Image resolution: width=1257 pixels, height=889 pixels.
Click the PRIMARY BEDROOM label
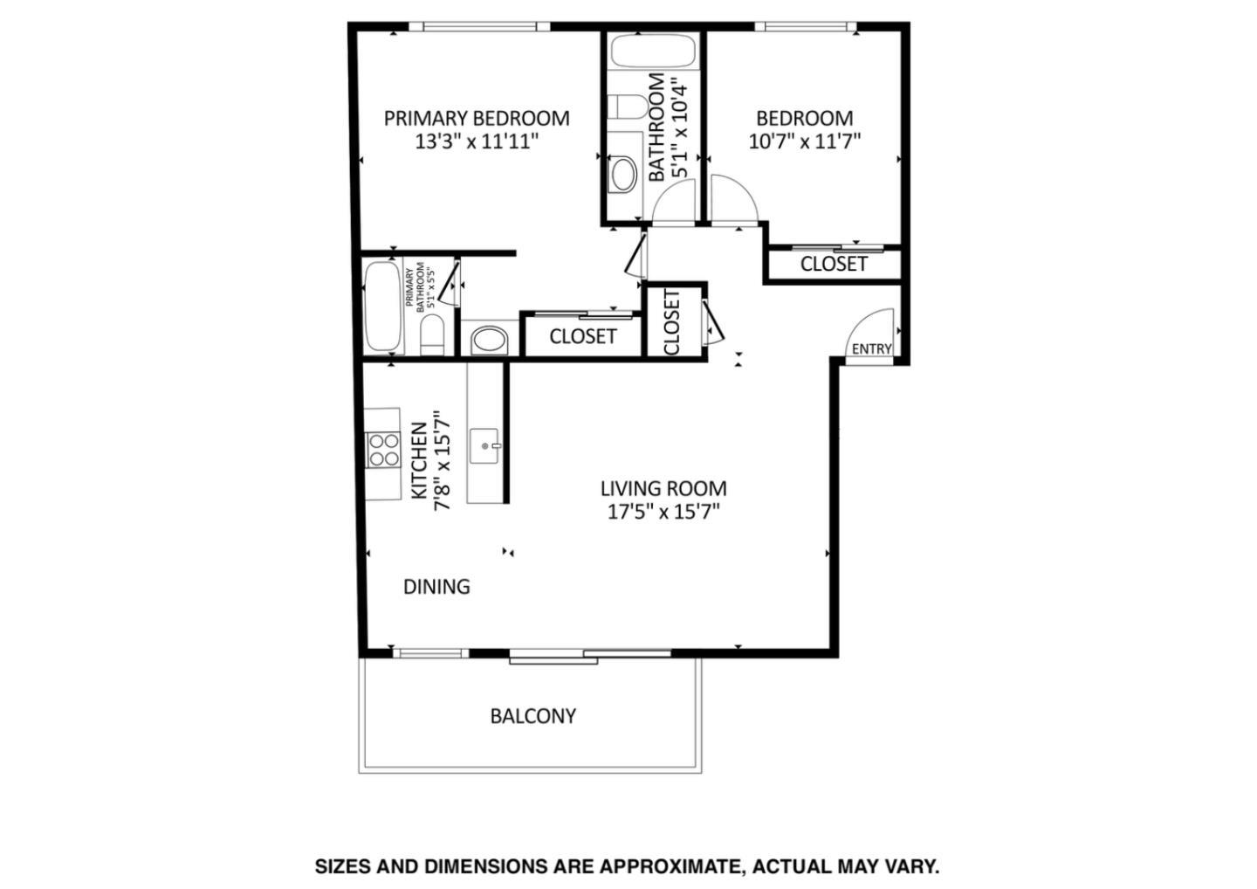pyautogui.click(x=477, y=118)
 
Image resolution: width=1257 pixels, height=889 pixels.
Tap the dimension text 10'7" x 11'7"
pyautogui.click(x=804, y=141)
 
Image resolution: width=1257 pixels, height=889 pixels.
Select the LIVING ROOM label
pyautogui.click(x=663, y=489)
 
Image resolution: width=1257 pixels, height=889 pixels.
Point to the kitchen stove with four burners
pyautogui.click(x=382, y=450)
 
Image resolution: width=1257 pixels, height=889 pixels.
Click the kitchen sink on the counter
pyautogui.click(x=485, y=446)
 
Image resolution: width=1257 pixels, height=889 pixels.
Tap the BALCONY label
pyautogui.click(x=532, y=716)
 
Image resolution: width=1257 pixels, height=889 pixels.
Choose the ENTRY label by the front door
pyautogui.click(x=871, y=349)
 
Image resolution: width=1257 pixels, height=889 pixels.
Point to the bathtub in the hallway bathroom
pyautogui.click(x=653, y=51)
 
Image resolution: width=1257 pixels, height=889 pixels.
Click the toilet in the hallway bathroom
pyautogui.click(x=627, y=107)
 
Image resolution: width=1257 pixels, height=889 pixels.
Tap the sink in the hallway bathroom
pyautogui.click(x=622, y=174)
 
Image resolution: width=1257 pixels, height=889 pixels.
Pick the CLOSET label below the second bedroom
pyautogui.click(x=834, y=264)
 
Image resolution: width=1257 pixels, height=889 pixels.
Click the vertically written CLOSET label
pyautogui.click(x=672, y=322)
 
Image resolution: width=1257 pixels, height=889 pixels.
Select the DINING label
pyautogui.click(x=436, y=587)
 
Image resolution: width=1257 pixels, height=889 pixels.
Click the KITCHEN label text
pyautogui.click(x=419, y=461)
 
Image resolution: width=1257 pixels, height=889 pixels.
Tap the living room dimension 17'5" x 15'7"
pyautogui.click(x=663, y=512)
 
